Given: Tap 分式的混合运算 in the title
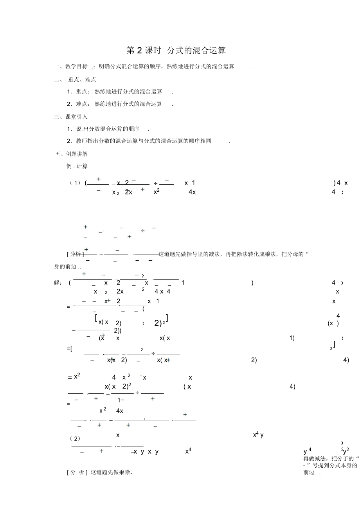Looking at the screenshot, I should click(x=196, y=51).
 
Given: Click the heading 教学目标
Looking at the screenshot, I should click(x=77, y=67).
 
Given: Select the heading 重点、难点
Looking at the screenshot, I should click(x=82, y=79).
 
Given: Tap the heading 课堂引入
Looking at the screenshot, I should click(x=77, y=117).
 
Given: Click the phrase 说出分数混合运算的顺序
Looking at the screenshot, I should click(x=108, y=129).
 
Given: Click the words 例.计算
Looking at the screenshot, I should click(x=77, y=166).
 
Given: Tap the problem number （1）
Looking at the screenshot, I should click(x=75, y=183).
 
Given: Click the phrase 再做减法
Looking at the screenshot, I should click(x=315, y=458).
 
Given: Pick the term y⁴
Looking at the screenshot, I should click(x=308, y=451).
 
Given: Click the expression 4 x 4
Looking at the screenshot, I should click(x=162, y=292).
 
